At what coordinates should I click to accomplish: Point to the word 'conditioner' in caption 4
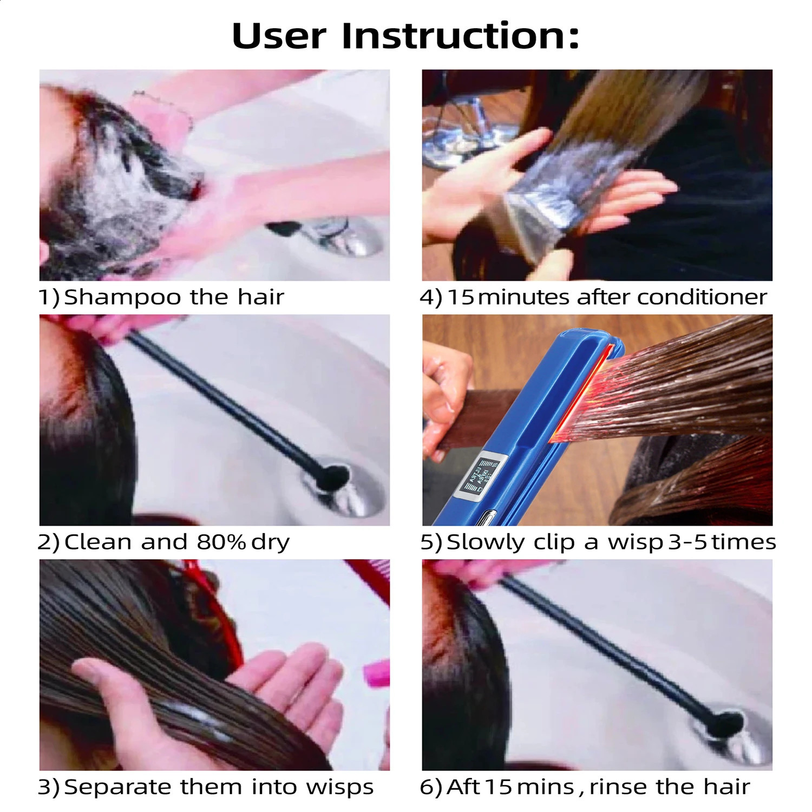pyautogui.click(x=702, y=297)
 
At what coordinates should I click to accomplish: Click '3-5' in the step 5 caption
pyautogui.click(x=687, y=542)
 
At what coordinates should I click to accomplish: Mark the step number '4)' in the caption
pyautogui.click(x=431, y=298)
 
